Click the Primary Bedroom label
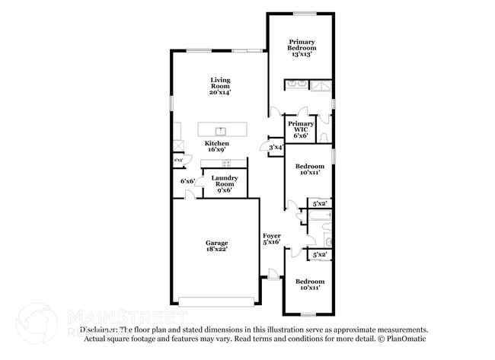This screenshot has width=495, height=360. (x=301, y=47)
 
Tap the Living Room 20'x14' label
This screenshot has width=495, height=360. (x=220, y=86)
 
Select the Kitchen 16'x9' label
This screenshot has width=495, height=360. (x=216, y=147)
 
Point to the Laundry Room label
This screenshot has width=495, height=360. (x=225, y=183)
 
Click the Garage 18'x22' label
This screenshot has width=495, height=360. (x=216, y=246)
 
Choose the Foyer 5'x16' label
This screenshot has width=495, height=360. (x=272, y=239)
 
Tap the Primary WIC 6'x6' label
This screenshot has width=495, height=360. (x=301, y=129)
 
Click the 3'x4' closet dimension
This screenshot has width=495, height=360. (x=276, y=147)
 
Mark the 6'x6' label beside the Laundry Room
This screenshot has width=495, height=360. (x=187, y=181)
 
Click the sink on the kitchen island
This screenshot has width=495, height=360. (x=222, y=130)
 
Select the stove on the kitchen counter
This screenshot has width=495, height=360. (x=225, y=163)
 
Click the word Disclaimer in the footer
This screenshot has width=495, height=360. (x=100, y=330)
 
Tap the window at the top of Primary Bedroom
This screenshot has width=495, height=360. (x=305, y=12)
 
